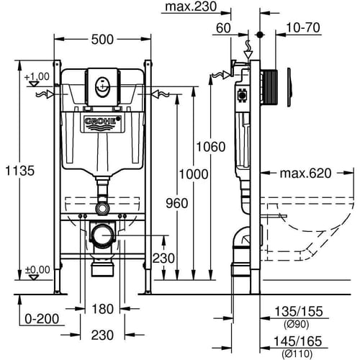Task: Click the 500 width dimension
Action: click(x=102, y=40)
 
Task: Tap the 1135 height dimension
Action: click(x=20, y=171)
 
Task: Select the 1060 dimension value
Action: click(x=211, y=147)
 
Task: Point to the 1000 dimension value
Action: click(x=194, y=174)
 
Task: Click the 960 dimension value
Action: click(x=177, y=203)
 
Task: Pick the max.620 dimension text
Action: click(x=305, y=174)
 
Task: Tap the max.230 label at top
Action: click(x=191, y=6)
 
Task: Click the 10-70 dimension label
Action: click(x=303, y=27)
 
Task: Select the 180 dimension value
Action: click(x=102, y=309)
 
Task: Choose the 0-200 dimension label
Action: click(x=42, y=319)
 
